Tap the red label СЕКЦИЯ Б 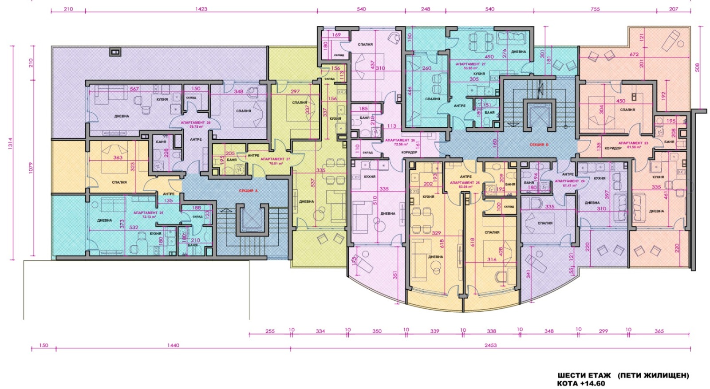(x=539, y=145)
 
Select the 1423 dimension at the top (x=201, y=9)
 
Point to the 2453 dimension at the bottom (x=490, y=345)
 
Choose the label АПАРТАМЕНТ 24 (x=566, y=181)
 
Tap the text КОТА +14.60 (x=581, y=383)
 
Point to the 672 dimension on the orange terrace (x=634, y=55)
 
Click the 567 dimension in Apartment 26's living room (x=134, y=89)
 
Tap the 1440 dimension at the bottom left (x=173, y=345)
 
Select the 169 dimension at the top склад (x=336, y=35)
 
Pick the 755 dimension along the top (x=595, y=9)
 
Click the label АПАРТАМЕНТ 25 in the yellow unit (x=465, y=183)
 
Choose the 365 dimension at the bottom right (x=659, y=331)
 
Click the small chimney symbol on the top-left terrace (x=115, y=52)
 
